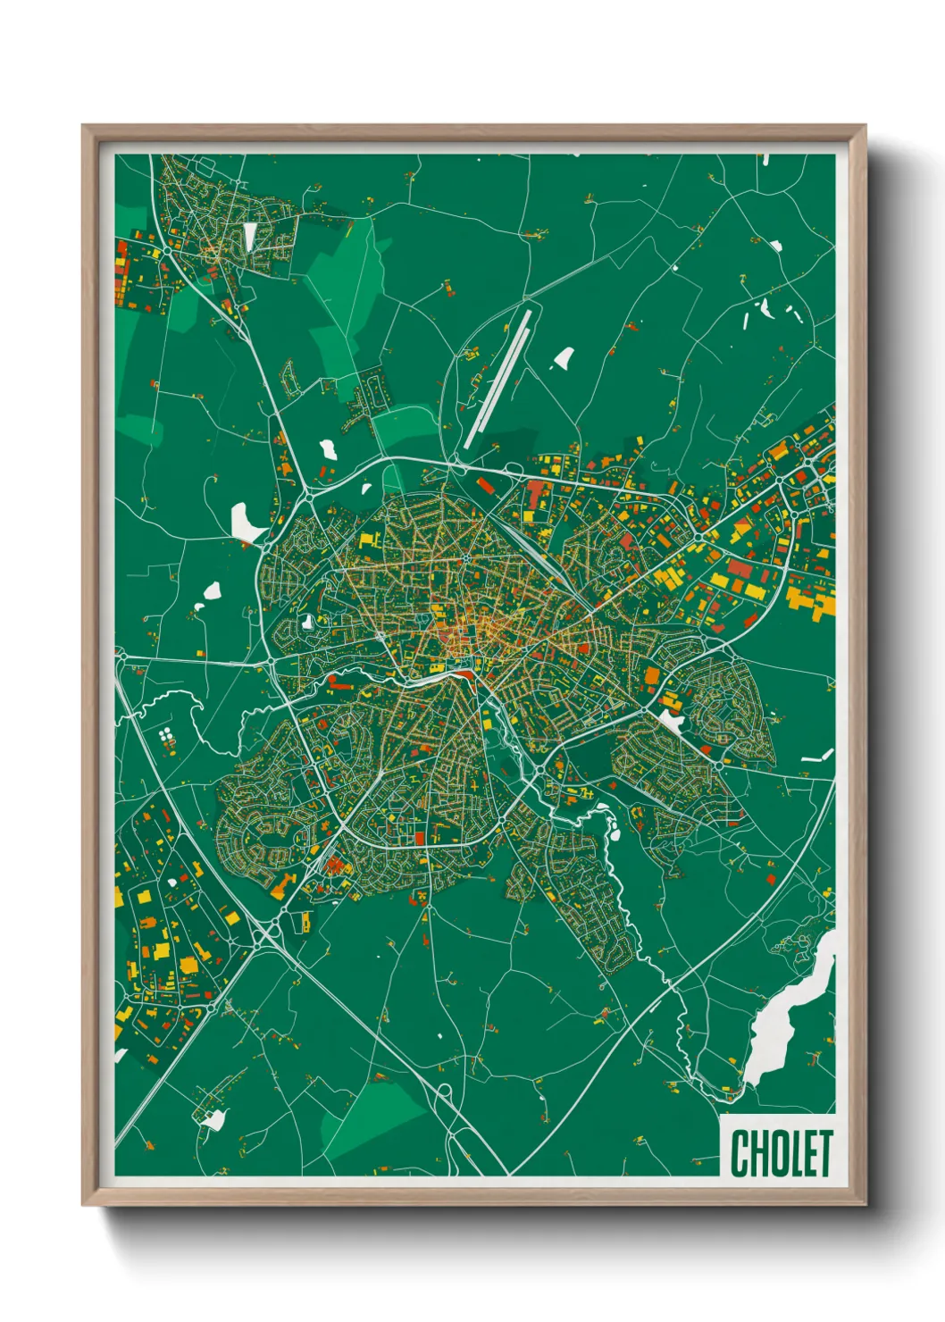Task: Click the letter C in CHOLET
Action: coord(740,1153)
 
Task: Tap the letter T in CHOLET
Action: coord(824,1153)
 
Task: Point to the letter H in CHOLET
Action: coord(757,1153)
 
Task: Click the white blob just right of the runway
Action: coord(563,359)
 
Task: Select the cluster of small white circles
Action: coord(165,736)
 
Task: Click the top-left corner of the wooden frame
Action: coord(84,127)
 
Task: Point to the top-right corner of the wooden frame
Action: coord(864,127)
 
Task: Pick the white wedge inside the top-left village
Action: coord(250,236)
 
